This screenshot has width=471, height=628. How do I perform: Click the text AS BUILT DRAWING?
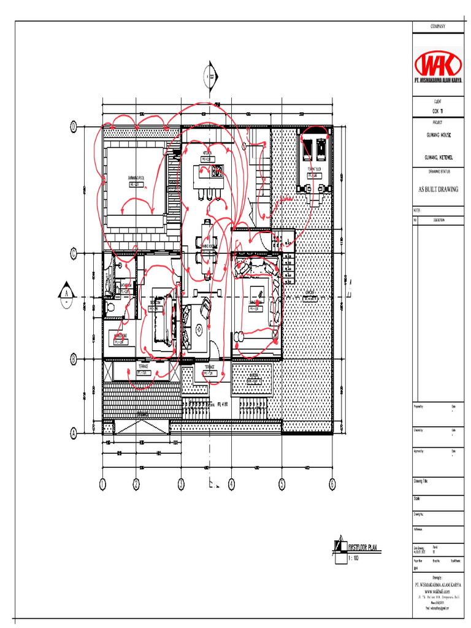tap(437, 190)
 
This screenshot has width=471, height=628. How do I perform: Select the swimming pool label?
tap(136, 178)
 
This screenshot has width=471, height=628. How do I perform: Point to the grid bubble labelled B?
tap(73, 358)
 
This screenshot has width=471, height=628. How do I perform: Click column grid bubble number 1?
tap(102, 484)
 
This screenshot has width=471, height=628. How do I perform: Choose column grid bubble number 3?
tap(181, 484)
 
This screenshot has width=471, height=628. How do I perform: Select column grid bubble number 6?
tap(332, 484)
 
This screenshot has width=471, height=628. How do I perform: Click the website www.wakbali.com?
tap(437, 591)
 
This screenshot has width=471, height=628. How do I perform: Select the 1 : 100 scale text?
tap(354, 559)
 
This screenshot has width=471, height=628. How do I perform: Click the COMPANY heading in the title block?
tap(437, 27)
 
